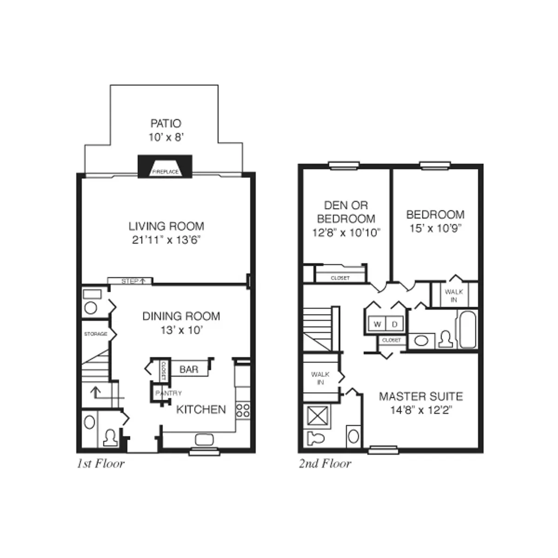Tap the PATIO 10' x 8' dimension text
(x=166, y=138)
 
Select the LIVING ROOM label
(x=166, y=226)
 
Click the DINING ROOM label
(x=181, y=316)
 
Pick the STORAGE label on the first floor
(x=95, y=334)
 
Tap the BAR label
(x=188, y=370)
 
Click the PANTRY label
(x=168, y=393)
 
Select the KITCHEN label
(x=201, y=410)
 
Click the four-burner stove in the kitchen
(x=242, y=410)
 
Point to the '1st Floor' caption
(x=100, y=464)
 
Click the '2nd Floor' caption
(x=325, y=464)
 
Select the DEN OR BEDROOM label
(x=346, y=212)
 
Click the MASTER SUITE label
(x=420, y=397)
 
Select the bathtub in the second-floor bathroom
(x=466, y=329)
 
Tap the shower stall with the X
(x=319, y=416)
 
